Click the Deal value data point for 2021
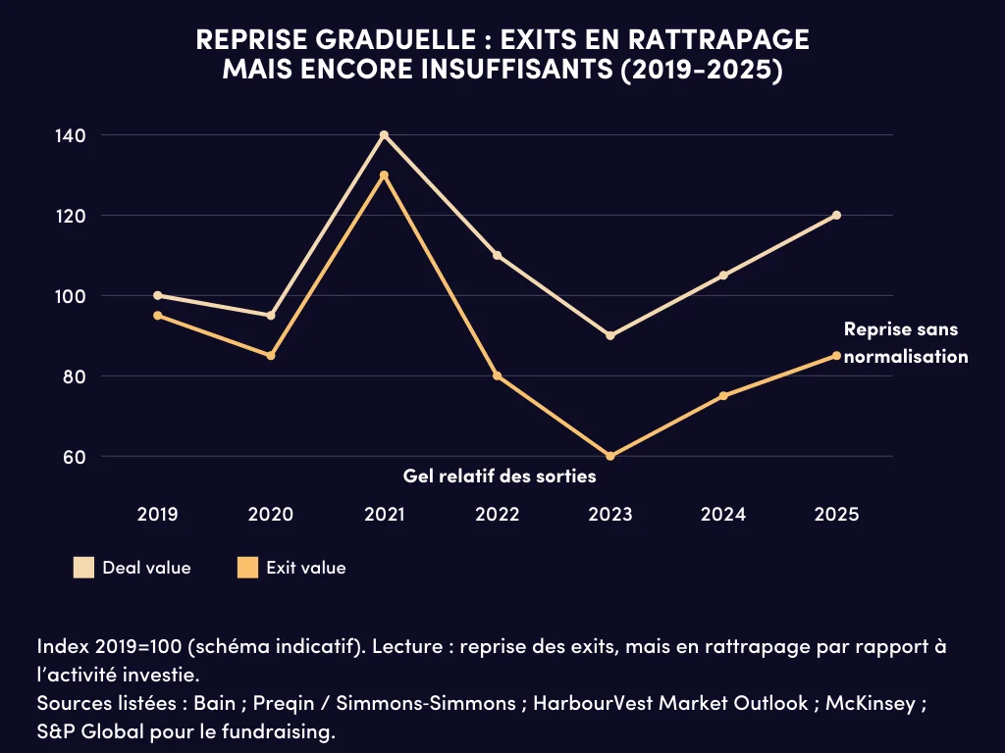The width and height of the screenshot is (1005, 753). click(384, 134)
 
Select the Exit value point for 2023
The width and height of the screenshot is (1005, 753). click(610, 456)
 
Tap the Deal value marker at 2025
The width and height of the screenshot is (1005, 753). click(836, 215)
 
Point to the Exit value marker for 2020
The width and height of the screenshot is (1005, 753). click(271, 355)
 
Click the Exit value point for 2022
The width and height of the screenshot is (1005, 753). click(498, 376)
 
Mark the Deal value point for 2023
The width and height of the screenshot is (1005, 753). click(610, 335)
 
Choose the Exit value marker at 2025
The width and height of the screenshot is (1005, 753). click(836, 355)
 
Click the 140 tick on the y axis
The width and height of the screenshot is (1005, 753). click(71, 135)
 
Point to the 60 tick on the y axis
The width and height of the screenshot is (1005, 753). click(76, 457)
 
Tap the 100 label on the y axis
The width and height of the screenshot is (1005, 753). click(71, 296)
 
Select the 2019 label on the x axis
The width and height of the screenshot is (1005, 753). click(158, 514)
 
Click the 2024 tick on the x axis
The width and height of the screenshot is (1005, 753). click(723, 514)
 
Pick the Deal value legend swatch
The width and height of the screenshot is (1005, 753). click(84, 568)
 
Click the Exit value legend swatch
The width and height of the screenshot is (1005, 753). click(248, 568)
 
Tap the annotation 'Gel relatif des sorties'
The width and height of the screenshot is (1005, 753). click(500, 476)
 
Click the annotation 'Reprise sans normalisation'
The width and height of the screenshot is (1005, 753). click(905, 343)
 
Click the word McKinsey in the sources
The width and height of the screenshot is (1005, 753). click(873, 703)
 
